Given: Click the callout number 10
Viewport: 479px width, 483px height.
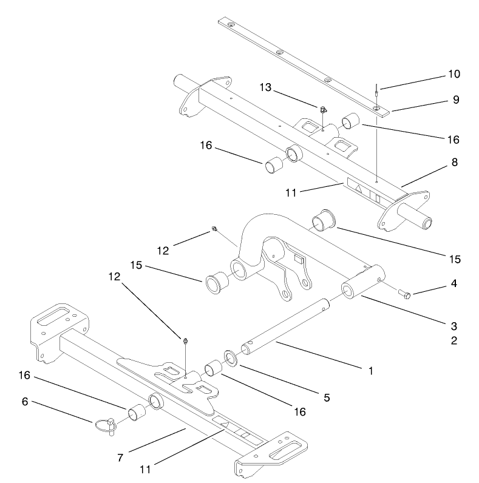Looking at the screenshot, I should coord(454,75).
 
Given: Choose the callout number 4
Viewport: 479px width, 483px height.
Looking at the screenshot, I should coord(455,283).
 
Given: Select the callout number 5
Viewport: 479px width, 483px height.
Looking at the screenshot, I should coord(326,398).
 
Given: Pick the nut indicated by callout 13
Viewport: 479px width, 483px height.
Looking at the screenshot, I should coord(324,110).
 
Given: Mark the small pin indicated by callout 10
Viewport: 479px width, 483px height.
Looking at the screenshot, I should coord(376,93).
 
